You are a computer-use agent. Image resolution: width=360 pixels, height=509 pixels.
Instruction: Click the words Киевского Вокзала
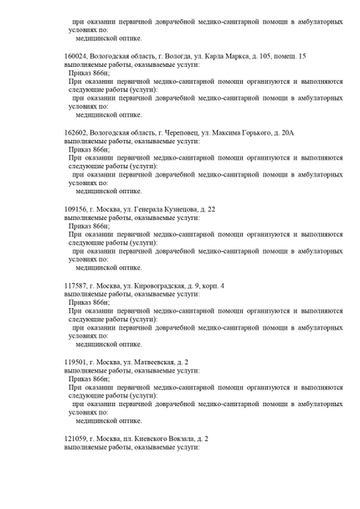tap(162, 439)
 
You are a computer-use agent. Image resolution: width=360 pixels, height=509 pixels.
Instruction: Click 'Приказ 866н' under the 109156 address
tap(89, 226)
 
